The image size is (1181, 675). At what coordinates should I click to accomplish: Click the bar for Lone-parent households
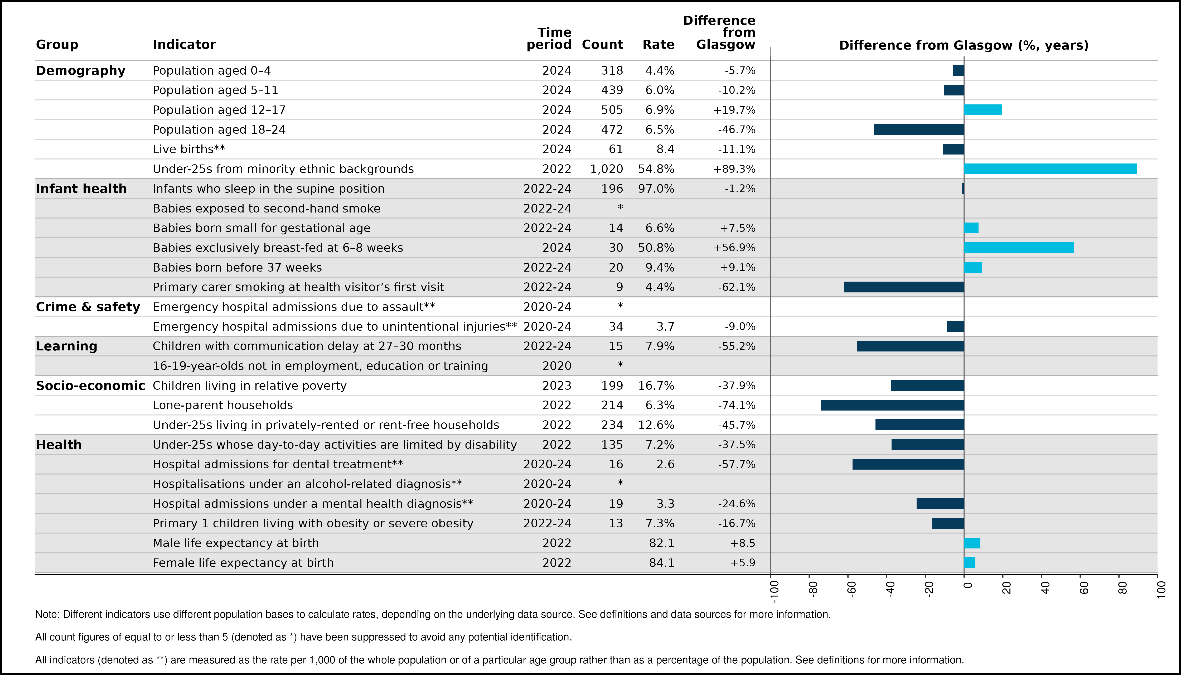(x=892, y=405)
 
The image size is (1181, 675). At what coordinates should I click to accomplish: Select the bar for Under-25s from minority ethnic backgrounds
(x=1050, y=169)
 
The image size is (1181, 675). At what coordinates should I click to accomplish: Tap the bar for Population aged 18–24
(x=919, y=129)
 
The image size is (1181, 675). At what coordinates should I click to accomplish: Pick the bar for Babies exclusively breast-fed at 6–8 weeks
(x=1019, y=248)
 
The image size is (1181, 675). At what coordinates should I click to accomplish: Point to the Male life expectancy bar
(x=972, y=543)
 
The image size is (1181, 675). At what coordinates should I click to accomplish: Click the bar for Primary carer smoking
(x=904, y=287)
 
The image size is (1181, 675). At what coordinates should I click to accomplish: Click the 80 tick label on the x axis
(x=1122, y=588)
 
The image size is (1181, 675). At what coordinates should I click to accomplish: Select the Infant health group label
(x=81, y=189)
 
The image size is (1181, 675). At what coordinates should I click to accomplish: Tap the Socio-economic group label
(x=90, y=386)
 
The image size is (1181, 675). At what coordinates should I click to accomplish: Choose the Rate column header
(x=658, y=45)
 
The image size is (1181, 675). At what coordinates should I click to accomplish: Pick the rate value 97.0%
(x=656, y=189)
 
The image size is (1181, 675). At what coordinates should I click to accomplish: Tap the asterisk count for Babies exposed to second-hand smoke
(x=620, y=207)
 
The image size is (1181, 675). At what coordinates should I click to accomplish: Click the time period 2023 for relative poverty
(x=557, y=386)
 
